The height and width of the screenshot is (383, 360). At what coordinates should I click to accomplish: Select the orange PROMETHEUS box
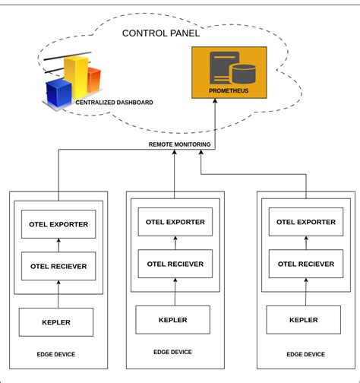229,72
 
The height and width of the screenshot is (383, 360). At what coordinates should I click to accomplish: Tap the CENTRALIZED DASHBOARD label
114,102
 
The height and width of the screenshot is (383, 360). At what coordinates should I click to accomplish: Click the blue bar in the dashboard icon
58,92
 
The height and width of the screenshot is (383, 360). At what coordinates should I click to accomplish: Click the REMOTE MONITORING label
179,144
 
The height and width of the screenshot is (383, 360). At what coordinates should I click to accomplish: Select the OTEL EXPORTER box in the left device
58,224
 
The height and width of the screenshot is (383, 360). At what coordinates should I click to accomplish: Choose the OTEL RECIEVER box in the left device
58,266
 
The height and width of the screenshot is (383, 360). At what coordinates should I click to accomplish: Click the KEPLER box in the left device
55,322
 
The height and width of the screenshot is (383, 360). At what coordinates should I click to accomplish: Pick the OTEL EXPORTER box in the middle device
175,221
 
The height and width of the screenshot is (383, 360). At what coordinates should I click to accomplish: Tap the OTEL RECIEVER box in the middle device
175,263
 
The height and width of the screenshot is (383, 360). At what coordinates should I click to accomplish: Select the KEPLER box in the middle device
173,319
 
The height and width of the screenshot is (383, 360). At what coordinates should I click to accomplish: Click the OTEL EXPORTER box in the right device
305,222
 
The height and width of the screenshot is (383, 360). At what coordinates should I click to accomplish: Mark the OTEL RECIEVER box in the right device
305,264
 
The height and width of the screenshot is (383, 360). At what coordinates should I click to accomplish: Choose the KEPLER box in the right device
304,321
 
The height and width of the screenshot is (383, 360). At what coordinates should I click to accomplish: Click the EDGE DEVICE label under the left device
56,354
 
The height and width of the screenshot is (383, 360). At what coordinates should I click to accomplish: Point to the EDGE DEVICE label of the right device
305,354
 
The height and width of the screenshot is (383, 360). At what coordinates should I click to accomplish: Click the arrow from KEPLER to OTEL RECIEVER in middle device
175,292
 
